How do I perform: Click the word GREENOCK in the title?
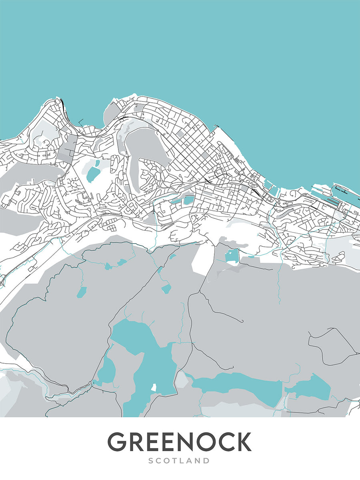(x=179, y=442)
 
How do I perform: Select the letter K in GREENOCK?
(x=243, y=442)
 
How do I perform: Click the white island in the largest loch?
(x=154, y=387)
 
